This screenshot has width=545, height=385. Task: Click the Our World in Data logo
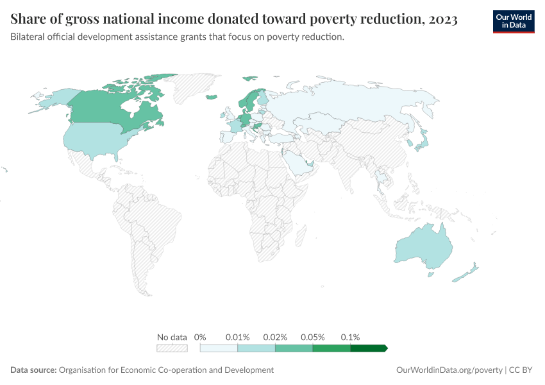[513, 21]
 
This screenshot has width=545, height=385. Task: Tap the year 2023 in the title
[442, 20]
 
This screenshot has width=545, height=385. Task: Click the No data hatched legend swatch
[172, 348]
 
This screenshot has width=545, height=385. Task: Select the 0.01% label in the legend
[237, 337]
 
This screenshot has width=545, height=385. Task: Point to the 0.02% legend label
[275, 337]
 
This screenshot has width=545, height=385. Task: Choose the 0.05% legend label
[313, 337]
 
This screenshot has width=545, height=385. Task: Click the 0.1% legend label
[350, 337]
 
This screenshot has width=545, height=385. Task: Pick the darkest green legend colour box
[368, 348]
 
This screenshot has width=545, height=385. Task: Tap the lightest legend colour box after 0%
[219, 348]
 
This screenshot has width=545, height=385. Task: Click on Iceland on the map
[211, 98]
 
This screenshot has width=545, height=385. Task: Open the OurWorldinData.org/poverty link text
[449, 370]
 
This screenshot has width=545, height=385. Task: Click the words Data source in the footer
[33, 370]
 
